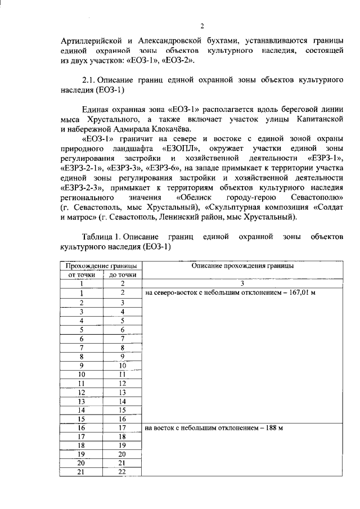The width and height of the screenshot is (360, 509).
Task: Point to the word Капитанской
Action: (x=317, y=119)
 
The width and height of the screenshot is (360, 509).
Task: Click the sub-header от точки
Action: (x=81, y=274)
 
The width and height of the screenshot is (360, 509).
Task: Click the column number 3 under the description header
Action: (x=242, y=283)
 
